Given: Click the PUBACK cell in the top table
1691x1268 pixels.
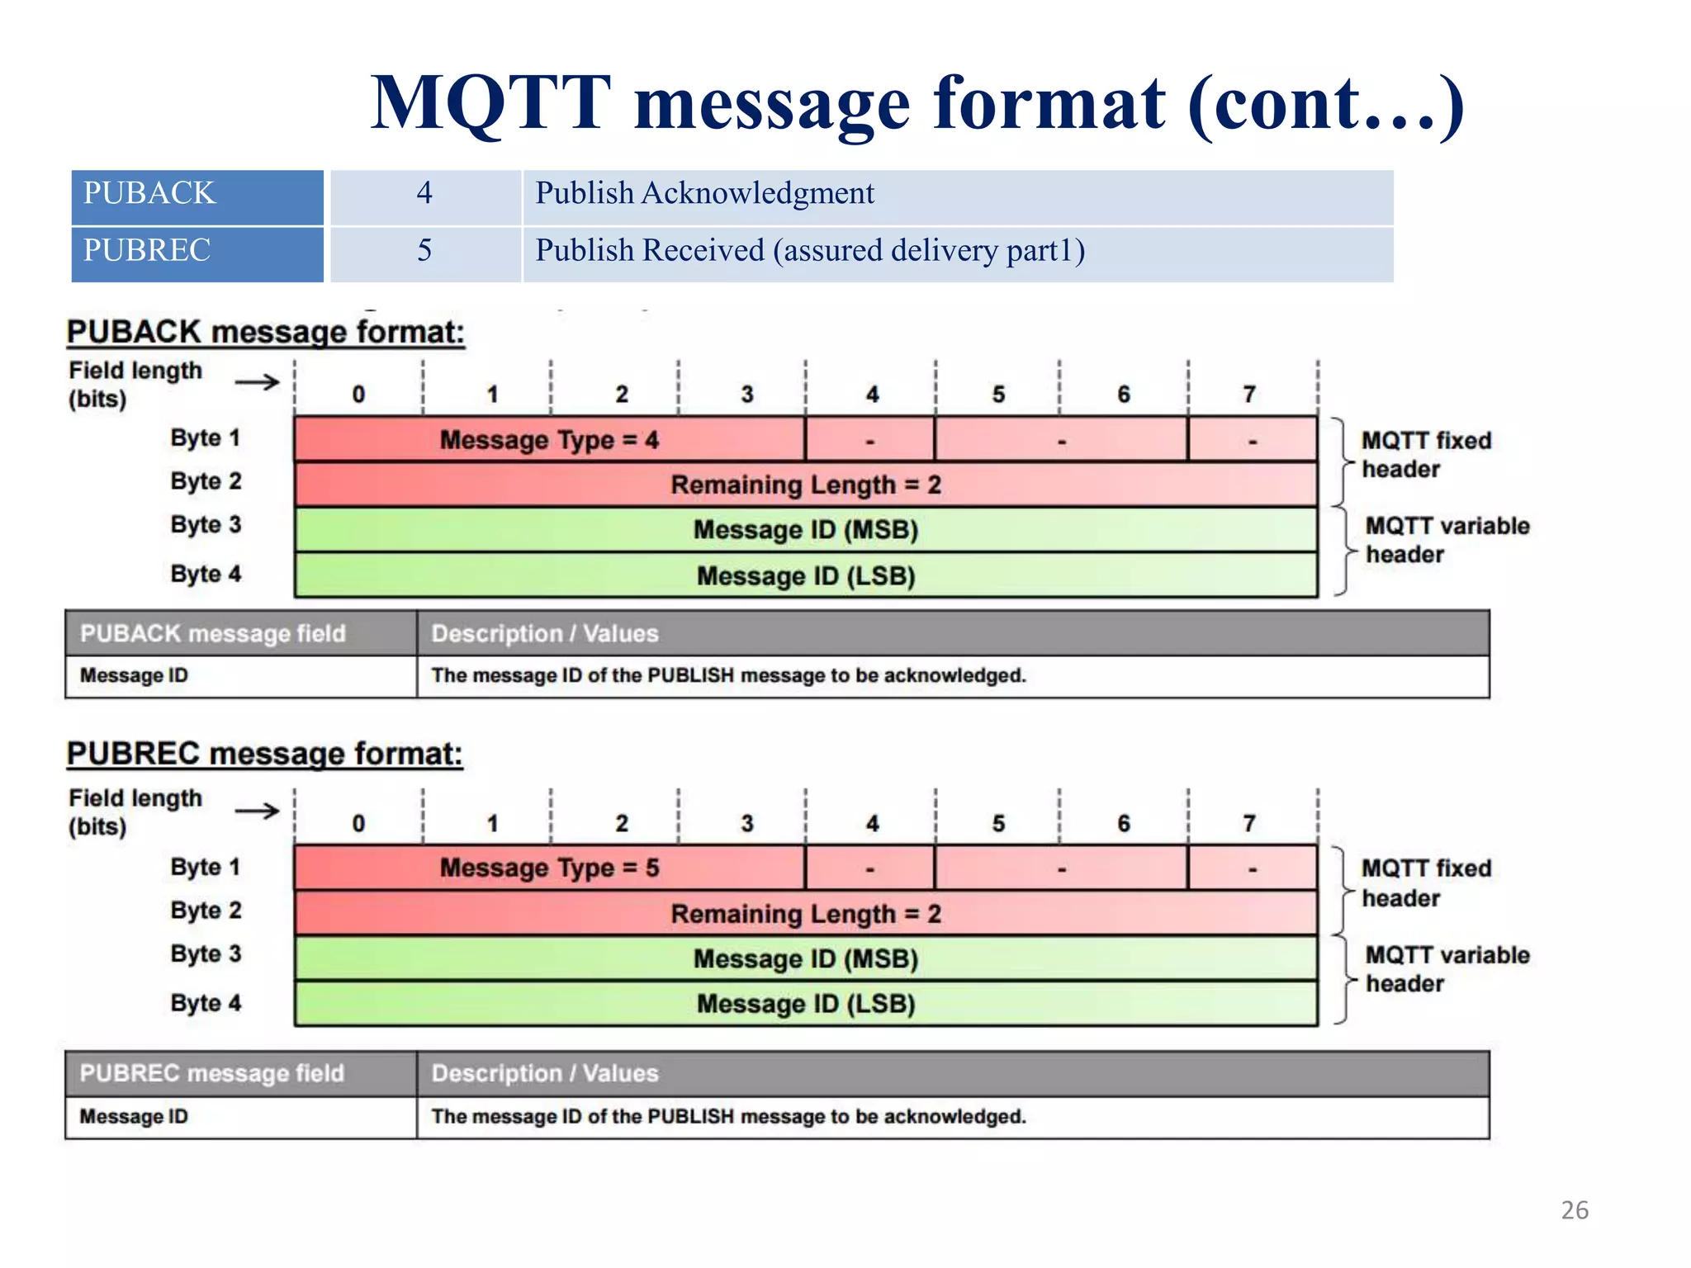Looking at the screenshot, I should pyautogui.click(x=197, y=196).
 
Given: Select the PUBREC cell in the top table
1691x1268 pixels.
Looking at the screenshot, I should pyautogui.click(x=197, y=253).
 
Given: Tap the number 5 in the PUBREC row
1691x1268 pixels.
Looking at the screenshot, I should pyautogui.click(x=424, y=251).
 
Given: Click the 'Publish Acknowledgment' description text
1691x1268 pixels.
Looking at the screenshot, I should pyautogui.click(x=704, y=194).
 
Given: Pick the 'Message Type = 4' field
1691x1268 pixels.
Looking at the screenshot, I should pyautogui.click(x=549, y=440).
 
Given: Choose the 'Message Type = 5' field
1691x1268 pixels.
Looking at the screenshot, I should pyautogui.click(x=549, y=868).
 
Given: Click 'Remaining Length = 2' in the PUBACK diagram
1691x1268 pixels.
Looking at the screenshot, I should pyautogui.click(x=806, y=485).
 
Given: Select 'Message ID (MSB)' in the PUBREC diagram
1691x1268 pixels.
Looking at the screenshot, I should pyautogui.click(x=806, y=958).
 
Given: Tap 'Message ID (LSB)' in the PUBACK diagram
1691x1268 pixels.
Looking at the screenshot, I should pyautogui.click(x=806, y=575).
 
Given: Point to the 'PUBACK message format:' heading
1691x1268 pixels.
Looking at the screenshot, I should pyautogui.click(x=266, y=332).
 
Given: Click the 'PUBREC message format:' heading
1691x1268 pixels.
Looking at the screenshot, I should pyautogui.click(x=264, y=754).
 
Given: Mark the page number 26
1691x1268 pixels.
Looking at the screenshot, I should pyautogui.click(x=1575, y=1210).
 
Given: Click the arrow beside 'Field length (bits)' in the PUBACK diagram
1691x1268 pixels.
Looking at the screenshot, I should pyautogui.click(x=257, y=382).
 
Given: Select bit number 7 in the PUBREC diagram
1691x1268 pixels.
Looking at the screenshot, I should pyautogui.click(x=1249, y=823).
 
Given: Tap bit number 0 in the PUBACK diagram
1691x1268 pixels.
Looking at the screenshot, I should pyautogui.click(x=358, y=395).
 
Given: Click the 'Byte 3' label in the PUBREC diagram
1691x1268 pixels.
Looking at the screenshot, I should pyautogui.click(x=206, y=953).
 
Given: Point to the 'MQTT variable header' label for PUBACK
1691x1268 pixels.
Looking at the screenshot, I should pyautogui.click(x=1447, y=540).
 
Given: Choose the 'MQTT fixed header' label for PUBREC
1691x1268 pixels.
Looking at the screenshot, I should pyautogui.click(x=1426, y=882).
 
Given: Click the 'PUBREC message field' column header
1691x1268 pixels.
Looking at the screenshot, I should pyautogui.click(x=212, y=1073).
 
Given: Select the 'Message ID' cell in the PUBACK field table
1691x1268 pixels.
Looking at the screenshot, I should pyautogui.click(x=134, y=675).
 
